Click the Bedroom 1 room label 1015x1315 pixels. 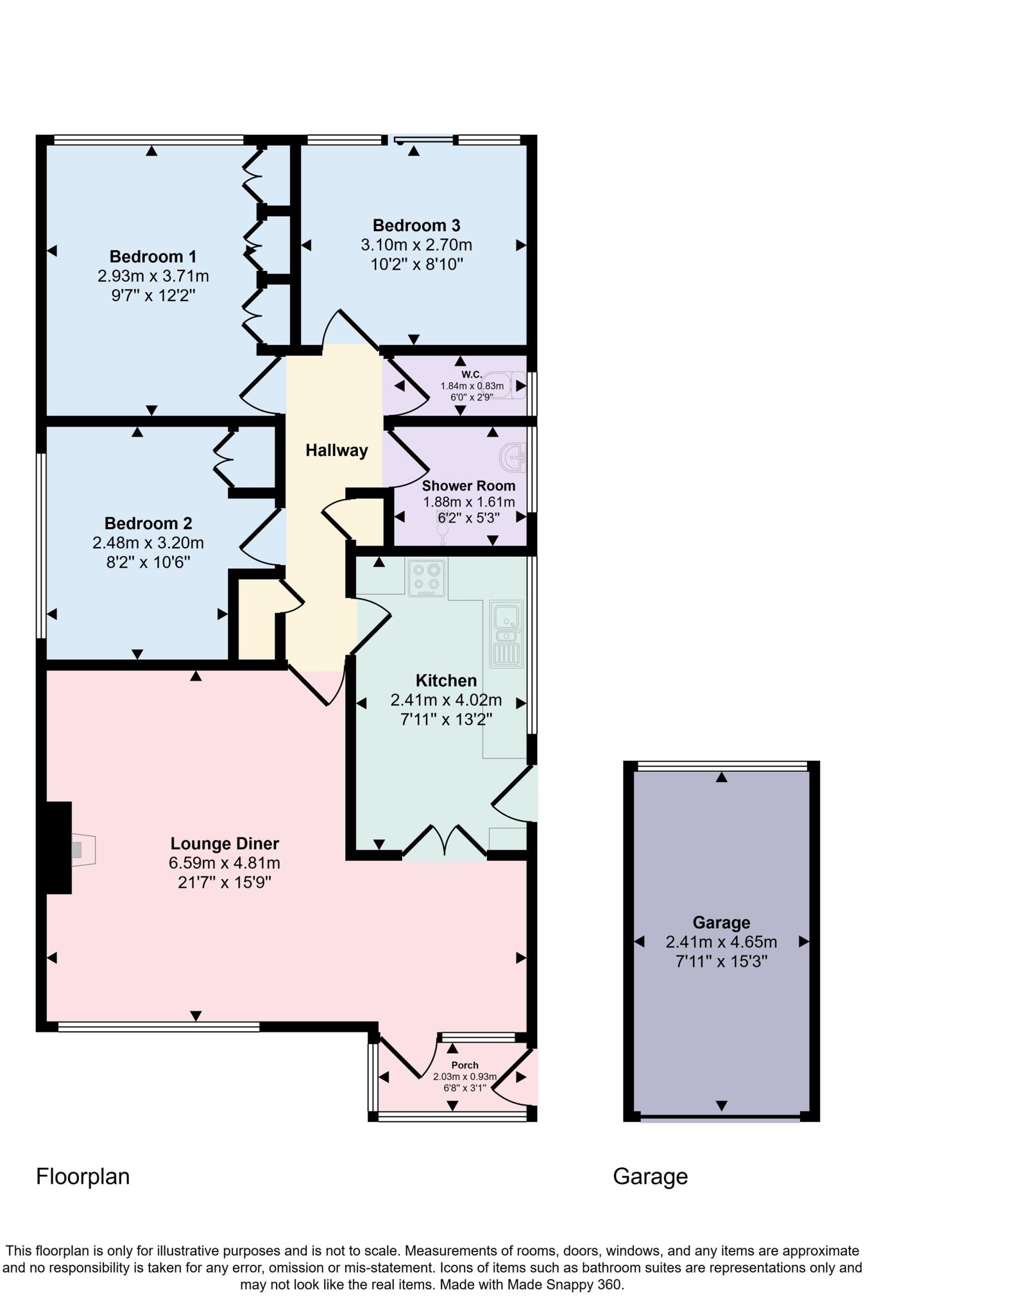(x=153, y=257)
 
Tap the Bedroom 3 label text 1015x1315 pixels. (x=416, y=225)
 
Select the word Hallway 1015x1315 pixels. (x=336, y=450)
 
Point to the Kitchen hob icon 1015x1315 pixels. (x=427, y=576)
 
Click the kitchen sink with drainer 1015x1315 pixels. (x=507, y=634)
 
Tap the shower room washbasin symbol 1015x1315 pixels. (x=514, y=458)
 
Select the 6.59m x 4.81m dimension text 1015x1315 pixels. (x=225, y=863)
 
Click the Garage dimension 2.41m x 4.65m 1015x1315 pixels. (x=721, y=942)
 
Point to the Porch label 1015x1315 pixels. (x=465, y=1065)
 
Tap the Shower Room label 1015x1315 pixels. (x=468, y=485)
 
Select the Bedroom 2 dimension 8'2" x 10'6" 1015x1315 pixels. (x=148, y=562)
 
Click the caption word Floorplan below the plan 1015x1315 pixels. (x=83, y=1176)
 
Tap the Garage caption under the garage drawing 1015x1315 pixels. (x=650, y=1176)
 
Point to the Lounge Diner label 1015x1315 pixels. (x=225, y=843)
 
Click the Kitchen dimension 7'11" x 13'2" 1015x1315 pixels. (x=446, y=720)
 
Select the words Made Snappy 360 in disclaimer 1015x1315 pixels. (x=564, y=1285)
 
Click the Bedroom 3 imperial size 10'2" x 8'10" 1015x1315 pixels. (x=416, y=265)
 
